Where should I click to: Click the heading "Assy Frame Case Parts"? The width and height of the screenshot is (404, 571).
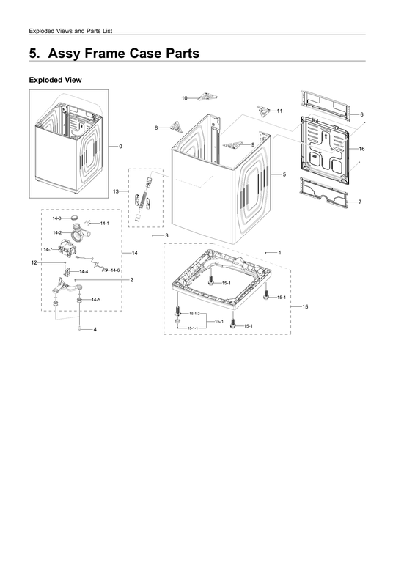[x=114, y=54]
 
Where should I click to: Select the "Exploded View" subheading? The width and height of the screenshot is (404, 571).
[x=54, y=80]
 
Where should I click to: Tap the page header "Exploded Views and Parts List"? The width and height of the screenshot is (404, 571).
[x=70, y=30]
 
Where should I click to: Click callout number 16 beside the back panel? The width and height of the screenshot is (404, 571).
[x=362, y=149]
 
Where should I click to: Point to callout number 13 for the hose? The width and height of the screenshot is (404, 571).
[x=116, y=191]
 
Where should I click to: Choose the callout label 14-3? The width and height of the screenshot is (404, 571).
[x=56, y=219]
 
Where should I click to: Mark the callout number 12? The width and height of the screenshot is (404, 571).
[x=34, y=262]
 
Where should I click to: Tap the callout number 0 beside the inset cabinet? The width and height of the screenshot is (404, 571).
[x=120, y=147]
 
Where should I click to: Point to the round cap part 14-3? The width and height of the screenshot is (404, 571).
[x=75, y=218]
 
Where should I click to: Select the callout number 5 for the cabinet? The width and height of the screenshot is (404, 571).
[x=284, y=174]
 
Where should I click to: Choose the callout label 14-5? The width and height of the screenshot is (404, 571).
[x=96, y=300]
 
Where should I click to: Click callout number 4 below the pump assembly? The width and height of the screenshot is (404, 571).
[x=95, y=330]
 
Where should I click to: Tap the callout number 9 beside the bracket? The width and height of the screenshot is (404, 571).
[x=253, y=144]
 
